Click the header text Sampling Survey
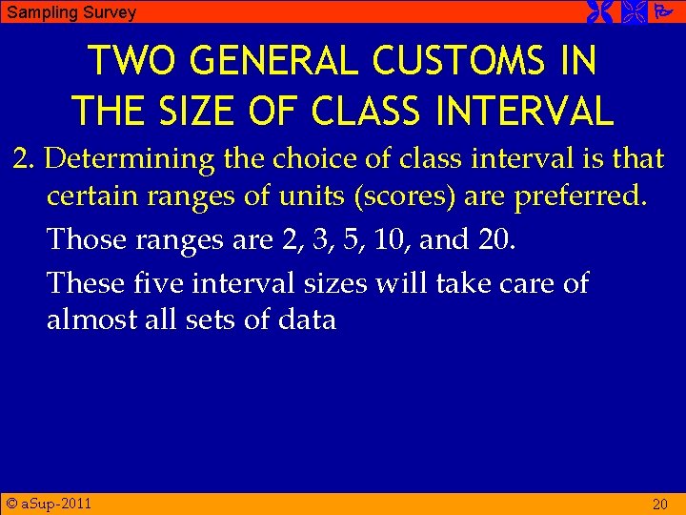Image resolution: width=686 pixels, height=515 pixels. tap(71, 12)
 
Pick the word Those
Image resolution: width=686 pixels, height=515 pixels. tap(85, 239)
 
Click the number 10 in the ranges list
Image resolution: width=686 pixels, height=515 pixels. tap(392, 239)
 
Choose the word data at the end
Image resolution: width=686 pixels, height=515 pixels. tap(307, 319)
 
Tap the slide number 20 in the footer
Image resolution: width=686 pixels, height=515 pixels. tap(659, 504)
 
